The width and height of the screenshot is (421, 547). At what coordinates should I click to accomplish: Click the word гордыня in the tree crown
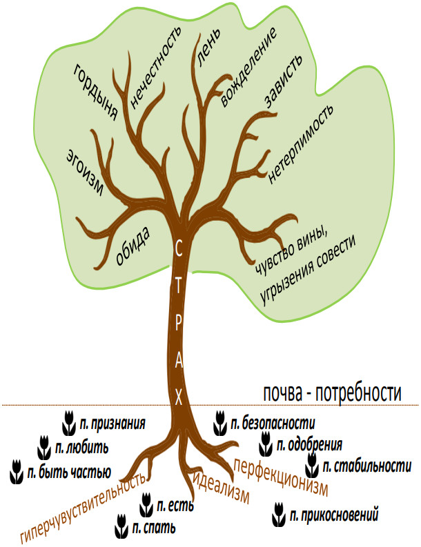[x=96, y=92]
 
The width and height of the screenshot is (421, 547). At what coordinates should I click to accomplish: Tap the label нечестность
[x=155, y=66]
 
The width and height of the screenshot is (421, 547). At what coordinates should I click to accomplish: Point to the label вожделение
[x=248, y=66]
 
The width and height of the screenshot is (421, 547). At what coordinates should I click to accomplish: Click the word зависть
[x=283, y=81]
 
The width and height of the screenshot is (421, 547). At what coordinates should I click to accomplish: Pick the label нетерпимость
[x=300, y=143]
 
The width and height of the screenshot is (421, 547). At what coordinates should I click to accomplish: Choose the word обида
[x=133, y=247]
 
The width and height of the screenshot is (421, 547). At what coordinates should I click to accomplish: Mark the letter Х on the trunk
[x=178, y=397]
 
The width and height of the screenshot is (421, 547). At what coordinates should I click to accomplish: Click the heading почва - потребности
[x=332, y=393]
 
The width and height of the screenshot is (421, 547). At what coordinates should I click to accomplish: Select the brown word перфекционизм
[x=281, y=477]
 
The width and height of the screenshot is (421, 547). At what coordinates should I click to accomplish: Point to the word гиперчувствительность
[x=83, y=508]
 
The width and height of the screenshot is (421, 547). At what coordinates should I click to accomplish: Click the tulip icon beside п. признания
[x=69, y=423]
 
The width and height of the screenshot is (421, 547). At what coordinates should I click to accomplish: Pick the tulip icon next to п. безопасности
[x=219, y=423]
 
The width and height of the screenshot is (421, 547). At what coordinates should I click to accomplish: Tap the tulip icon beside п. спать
[x=121, y=526]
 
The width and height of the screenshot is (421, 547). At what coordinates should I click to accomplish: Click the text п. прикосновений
[x=334, y=515]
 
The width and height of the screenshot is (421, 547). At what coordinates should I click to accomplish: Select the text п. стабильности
[x=367, y=466]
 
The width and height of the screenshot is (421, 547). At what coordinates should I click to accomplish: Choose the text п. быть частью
[x=69, y=472]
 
